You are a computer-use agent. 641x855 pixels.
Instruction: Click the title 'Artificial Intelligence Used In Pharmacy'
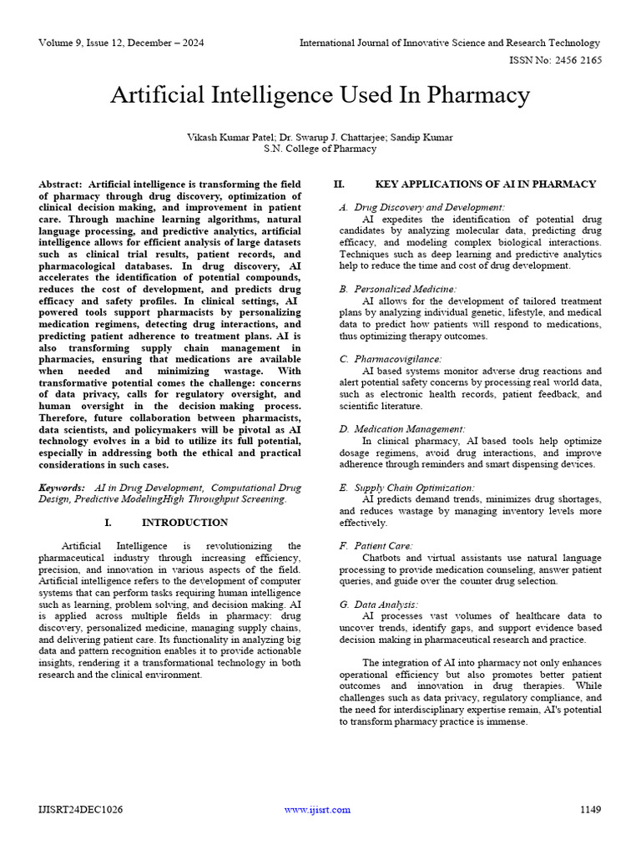coord(320,96)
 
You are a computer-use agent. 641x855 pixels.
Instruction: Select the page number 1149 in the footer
coord(590,809)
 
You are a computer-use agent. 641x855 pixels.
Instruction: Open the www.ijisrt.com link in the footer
coord(317,809)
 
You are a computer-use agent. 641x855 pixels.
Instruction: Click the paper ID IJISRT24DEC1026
coord(79,809)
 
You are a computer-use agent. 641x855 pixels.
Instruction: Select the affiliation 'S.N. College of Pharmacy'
coord(320,149)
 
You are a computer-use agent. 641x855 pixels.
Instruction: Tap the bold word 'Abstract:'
coord(61,184)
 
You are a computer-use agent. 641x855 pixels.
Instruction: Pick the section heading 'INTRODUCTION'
coord(184,523)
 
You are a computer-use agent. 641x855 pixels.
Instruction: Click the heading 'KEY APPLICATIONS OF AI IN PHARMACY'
coord(486,184)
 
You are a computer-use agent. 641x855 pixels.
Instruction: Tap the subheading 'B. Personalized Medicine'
coord(402,288)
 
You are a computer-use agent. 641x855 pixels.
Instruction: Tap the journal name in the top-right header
coord(450,42)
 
